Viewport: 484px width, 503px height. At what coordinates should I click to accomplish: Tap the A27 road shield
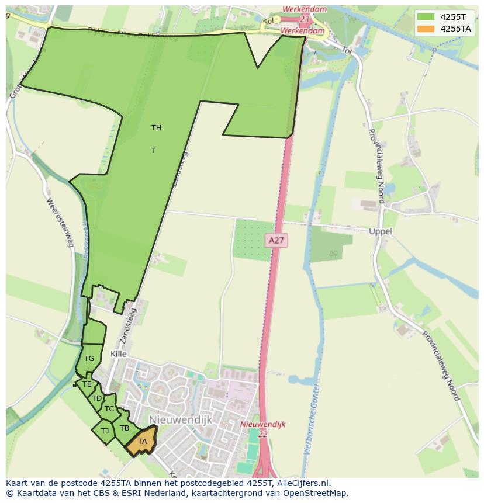click(276, 240)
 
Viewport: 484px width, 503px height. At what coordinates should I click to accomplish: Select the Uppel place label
click(381, 231)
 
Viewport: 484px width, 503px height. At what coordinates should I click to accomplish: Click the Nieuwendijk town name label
click(180, 420)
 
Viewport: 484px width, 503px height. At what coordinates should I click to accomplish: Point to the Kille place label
click(118, 355)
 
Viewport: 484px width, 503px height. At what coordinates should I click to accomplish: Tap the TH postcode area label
click(156, 128)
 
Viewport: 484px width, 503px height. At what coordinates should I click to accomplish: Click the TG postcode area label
click(89, 359)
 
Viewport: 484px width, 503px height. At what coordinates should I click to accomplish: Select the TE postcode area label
click(87, 384)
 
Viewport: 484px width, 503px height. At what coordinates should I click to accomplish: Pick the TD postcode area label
click(96, 398)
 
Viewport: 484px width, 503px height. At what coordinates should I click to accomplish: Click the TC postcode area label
click(109, 409)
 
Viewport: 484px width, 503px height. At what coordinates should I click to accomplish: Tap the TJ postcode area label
click(105, 431)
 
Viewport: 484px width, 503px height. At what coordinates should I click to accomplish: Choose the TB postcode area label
click(125, 428)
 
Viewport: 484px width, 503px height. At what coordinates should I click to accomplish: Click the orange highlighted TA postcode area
click(142, 442)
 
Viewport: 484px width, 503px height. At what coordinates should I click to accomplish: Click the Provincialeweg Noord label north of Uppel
click(378, 165)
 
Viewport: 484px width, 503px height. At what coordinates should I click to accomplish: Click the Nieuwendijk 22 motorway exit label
click(262, 429)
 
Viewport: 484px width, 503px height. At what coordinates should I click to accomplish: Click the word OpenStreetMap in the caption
click(317, 493)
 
